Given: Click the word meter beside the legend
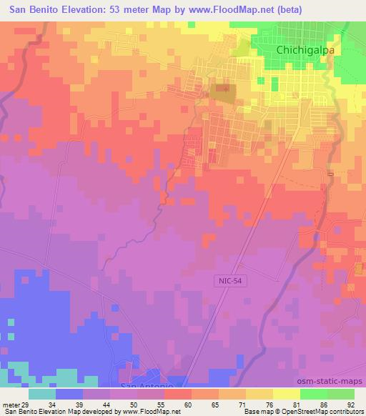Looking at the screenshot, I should tap(10, 404).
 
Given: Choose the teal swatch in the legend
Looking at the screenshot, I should tap(42, 394).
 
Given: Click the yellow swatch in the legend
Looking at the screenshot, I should tap(287, 394).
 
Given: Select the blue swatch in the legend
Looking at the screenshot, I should tap(69, 394).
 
